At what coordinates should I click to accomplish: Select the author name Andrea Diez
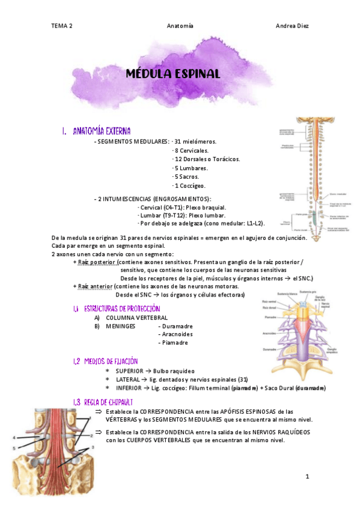[292, 26]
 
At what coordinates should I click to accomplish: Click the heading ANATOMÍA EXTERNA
[102, 131]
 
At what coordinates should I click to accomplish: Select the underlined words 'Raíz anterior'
[93, 286]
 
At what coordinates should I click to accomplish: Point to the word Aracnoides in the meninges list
[176, 334]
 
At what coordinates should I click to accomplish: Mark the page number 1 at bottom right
[307, 477]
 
